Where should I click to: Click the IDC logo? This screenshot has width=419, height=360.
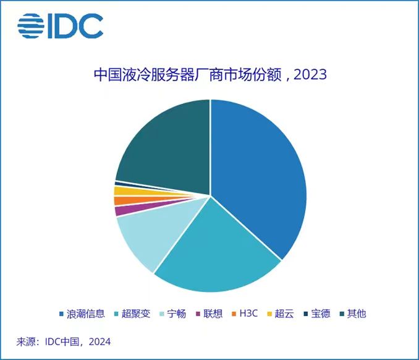point(60,25)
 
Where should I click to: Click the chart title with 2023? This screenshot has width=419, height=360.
point(210,75)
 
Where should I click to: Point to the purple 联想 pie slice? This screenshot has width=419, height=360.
point(119,211)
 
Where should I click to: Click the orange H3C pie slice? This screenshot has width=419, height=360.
point(119,200)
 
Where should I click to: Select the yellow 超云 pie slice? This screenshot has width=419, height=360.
point(119,191)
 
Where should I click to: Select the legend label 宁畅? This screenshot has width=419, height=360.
point(177,314)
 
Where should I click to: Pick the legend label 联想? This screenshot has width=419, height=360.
point(213,314)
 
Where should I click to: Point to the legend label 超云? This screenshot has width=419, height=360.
point(285,314)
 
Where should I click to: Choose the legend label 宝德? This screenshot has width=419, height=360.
point(321,314)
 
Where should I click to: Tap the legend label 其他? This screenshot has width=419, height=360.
point(357,314)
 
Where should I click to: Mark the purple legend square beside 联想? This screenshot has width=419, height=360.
point(198,314)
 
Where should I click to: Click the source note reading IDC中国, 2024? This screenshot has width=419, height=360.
point(64,341)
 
